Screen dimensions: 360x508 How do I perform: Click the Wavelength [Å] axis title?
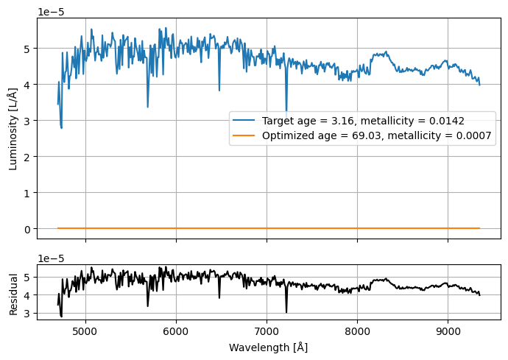coord(268,347)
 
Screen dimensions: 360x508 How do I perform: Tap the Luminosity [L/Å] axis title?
coord(13,129)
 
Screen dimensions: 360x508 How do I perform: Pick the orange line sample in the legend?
coord(246,136)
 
